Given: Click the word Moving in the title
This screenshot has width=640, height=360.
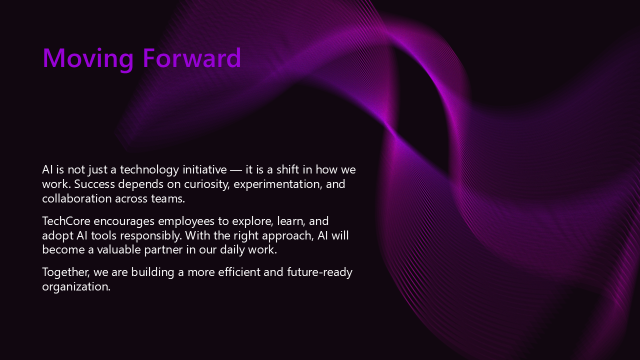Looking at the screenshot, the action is click(88, 59).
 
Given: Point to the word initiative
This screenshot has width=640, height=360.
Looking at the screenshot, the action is click(204, 170).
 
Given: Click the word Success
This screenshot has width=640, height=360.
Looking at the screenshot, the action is click(94, 184).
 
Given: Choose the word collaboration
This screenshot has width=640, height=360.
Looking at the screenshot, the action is click(77, 198).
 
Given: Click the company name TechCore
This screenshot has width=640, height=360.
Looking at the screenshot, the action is click(66, 221).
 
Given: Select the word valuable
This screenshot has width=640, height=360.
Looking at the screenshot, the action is click(119, 249).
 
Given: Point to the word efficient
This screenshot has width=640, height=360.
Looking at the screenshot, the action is click(239, 272).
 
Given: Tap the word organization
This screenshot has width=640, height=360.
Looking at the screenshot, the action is click(76, 287).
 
